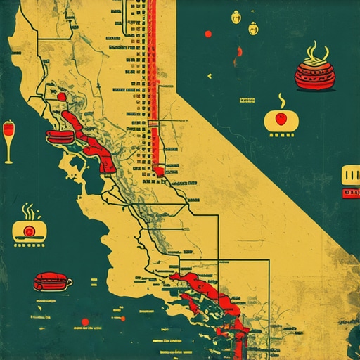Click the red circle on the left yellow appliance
(x=30, y=231)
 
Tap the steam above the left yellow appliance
(x=28, y=210)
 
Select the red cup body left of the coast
(x=51, y=281)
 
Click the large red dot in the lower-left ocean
(x=85, y=322)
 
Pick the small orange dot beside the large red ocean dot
(x=75, y=328)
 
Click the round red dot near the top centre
(x=207, y=34)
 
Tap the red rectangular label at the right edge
(x=350, y=192)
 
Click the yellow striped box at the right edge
(x=350, y=174)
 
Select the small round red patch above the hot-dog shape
(x=63, y=96)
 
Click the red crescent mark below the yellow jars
(x=240, y=51)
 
